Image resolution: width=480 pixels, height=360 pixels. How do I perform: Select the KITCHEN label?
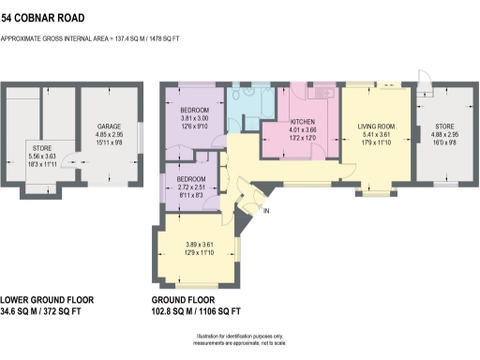[302, 123]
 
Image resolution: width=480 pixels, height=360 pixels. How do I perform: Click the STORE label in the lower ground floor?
[42, 147]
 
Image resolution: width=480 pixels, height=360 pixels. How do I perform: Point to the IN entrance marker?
[266, 211]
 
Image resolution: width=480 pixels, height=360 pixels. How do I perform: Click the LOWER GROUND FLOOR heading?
[48, 300]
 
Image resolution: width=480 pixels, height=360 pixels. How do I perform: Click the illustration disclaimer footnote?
[240, 339]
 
